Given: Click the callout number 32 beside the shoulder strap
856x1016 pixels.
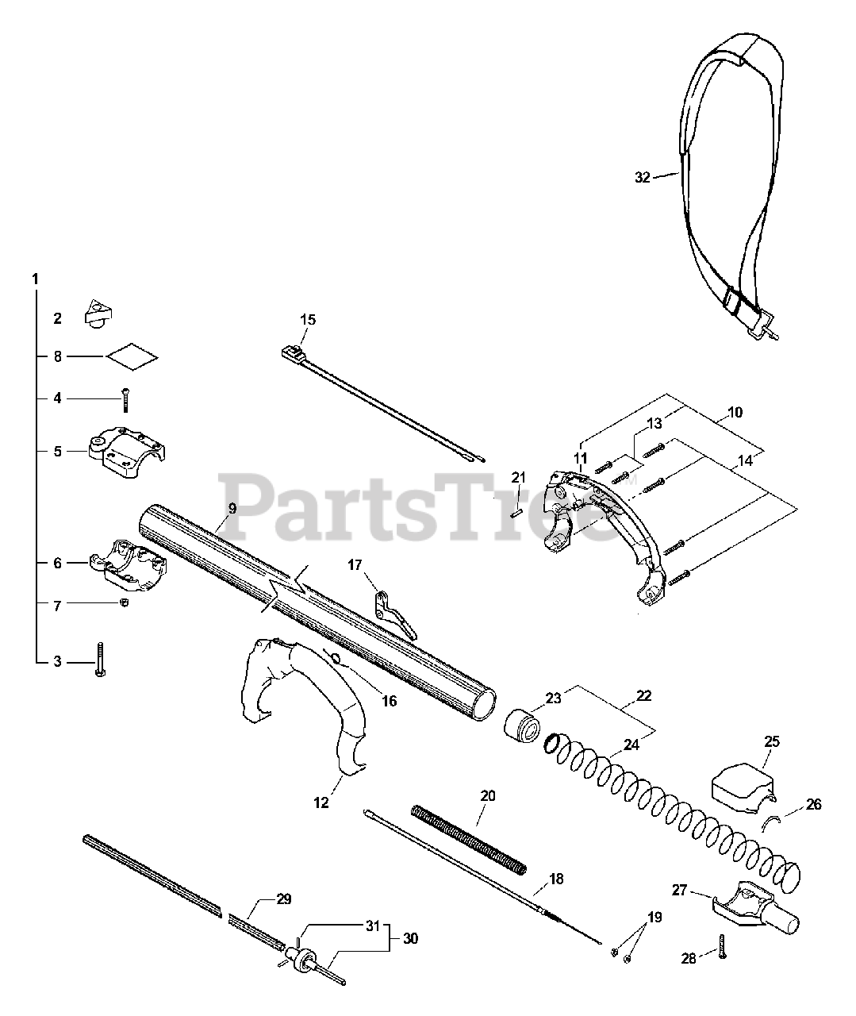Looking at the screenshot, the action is pos(642,177).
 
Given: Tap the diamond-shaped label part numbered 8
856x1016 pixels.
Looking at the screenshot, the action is pos(132,357).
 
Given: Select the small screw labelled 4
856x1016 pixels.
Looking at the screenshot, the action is pos(125,399).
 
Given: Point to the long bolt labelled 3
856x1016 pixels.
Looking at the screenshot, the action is pos(99,660).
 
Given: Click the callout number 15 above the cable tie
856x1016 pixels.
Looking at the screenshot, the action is pos(308,320).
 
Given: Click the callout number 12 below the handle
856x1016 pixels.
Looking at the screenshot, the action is pos(321,803).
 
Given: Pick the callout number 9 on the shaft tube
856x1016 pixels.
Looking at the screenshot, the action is pos(232,507).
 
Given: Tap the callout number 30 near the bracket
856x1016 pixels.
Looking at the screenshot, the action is pos(409,939).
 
